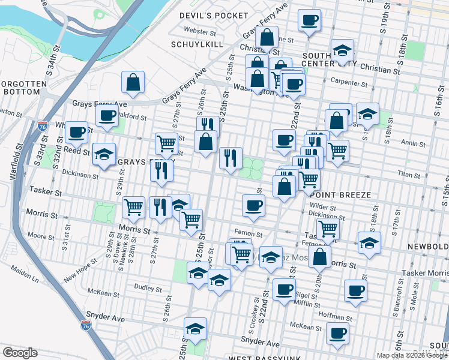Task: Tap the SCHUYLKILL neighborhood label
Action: [197, 44]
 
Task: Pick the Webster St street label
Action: [200, 31]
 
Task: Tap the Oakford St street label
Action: [132, 116]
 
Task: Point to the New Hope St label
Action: [79, 274]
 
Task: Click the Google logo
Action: [20, 353]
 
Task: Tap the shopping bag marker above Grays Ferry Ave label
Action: [133, 82]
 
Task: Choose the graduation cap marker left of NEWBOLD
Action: [369, 243]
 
